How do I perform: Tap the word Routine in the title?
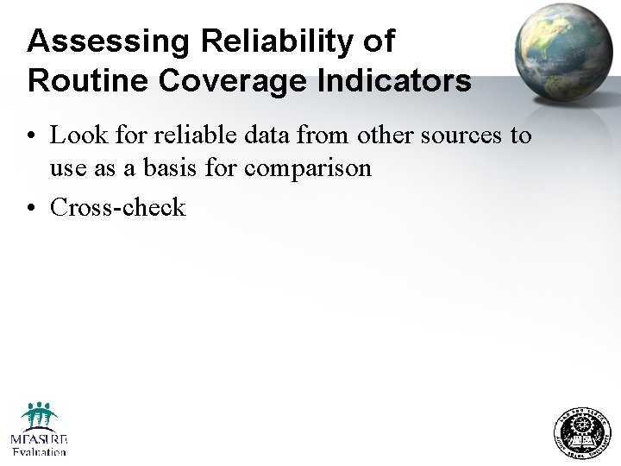[80, 80]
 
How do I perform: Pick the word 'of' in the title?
[378, 41]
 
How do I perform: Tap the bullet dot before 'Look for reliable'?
[30, 136]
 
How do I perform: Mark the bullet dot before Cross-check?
[30, 208]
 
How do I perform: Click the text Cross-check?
[118, 207]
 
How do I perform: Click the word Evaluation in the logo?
[39, 450]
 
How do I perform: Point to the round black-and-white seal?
[581, 432]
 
